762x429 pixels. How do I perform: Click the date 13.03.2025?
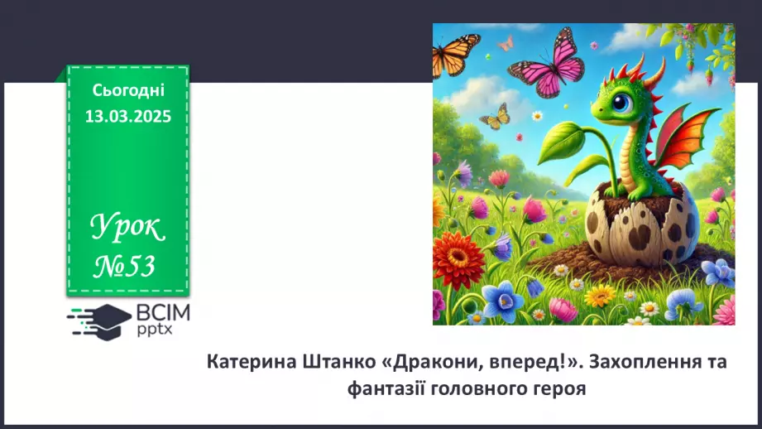[x=127, y=117]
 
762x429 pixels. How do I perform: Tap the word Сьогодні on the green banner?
[x=128, y=90]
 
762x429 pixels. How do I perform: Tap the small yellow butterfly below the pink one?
[x=496, y=117]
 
